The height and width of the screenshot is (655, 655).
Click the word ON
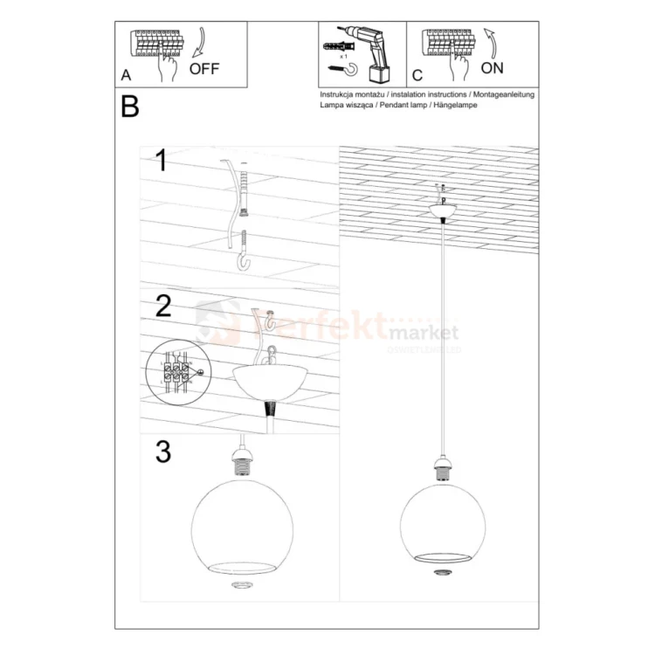click(x=493, y=67)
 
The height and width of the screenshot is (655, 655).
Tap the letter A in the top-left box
click(x=127, y=76)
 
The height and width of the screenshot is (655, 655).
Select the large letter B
click(x=130, y=107)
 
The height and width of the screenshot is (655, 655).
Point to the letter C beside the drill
click(x=417, y=76)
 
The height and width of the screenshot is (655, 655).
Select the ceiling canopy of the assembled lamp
click(x=444, y=210)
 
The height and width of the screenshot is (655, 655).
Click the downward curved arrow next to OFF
click(x=199, y=42)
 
